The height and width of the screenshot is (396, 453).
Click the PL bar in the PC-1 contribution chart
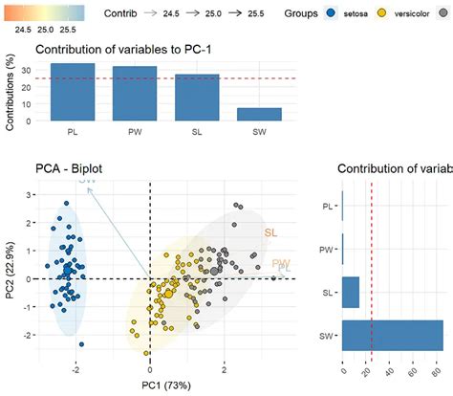coord(72,92)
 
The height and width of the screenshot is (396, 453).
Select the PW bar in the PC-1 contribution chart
coord(127,94)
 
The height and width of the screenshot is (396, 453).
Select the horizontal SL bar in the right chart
coord(351,293)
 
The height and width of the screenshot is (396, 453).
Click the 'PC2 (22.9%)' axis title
coord(9,270)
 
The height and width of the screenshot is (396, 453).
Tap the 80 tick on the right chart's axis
coord(439,367)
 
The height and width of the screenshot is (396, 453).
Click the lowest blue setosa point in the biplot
coord(82,343)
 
